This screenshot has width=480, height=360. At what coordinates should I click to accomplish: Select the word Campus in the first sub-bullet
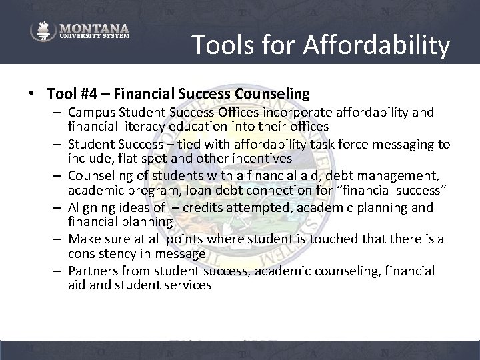(x=92, y=112)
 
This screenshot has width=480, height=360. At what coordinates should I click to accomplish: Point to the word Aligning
(x=93, y=208)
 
